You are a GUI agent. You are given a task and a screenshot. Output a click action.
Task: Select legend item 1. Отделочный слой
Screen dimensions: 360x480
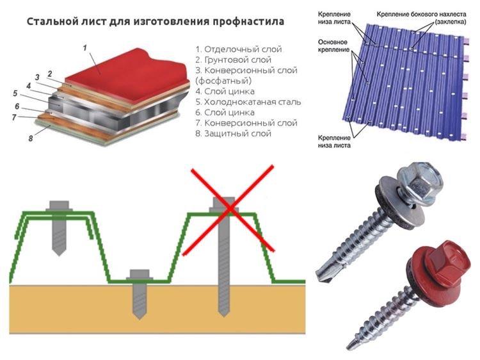point(238,49)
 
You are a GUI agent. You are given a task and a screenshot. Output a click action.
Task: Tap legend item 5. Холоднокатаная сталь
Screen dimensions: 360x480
point(248,102)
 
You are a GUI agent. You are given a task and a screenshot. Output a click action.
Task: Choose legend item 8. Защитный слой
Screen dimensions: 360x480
point(233,133)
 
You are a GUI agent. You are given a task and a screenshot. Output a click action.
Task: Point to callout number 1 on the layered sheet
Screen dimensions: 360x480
point(84,47)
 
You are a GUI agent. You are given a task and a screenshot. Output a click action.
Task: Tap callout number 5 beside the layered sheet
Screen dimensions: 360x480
point(15,94)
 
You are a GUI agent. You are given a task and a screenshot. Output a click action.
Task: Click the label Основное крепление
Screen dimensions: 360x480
point(333,45)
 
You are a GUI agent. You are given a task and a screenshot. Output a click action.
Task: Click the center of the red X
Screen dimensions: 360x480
point(228,209)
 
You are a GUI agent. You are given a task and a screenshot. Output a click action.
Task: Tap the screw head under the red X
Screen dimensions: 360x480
point(221,205)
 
